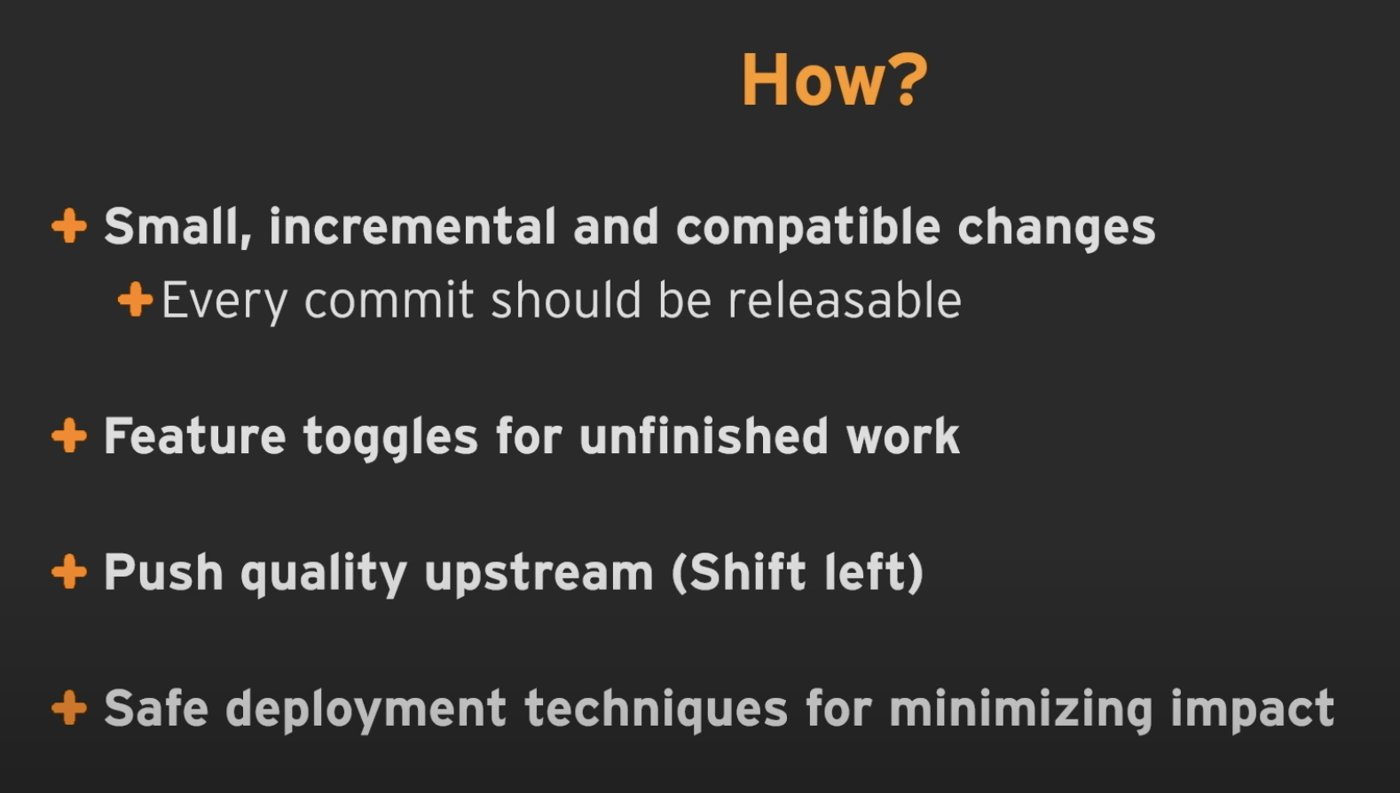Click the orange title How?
coord(834,80)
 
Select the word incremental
coord(413,226)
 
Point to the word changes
coord(1057,228)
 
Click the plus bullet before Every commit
coord(135,299)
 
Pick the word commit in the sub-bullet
coord(389,301)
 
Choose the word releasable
coord(845,300)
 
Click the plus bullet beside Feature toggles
coord(68,435)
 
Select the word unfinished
coord(704,436)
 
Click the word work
coord(902,436)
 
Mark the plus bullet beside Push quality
coord(68,571)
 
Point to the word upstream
coord(539,574)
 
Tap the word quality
coord(324,574)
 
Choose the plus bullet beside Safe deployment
coord(68,708)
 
